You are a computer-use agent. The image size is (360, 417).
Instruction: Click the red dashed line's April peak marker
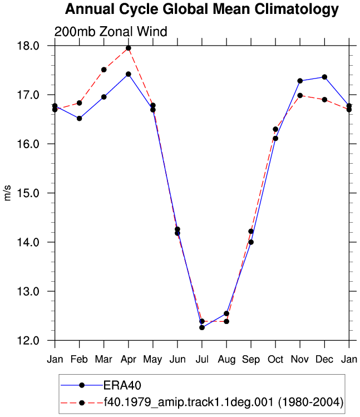[129, 48]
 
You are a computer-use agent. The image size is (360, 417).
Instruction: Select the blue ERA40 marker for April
[129, 74]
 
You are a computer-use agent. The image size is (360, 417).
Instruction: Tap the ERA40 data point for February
[79, 119]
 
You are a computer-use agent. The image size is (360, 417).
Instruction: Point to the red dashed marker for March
[104, 70]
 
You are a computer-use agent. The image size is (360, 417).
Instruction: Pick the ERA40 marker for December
[324, 77]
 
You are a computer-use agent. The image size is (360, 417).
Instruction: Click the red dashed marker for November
[300, 95]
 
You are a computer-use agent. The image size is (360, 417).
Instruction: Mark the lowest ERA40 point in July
[202, 327]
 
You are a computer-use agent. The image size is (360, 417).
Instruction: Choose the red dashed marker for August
[226, 322]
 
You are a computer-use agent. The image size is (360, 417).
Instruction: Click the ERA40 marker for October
[275, 138]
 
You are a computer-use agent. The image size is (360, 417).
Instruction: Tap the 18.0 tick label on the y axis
[28, 46]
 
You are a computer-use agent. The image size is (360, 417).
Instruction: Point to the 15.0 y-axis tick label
[28, 193]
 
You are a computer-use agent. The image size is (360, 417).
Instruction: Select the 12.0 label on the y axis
[28, 340]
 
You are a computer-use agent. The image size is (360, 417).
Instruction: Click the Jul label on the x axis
[202, 359]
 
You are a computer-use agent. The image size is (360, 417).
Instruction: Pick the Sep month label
[251, 360]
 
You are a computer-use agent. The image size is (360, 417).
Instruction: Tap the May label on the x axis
[152, 360]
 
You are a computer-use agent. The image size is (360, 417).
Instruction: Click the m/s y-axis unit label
[8, 193]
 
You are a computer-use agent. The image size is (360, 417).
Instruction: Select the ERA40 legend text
[122, 385]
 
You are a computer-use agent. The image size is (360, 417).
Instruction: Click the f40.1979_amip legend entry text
[223, 403]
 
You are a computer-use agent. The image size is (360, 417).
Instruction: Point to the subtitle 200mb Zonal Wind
[111, 31]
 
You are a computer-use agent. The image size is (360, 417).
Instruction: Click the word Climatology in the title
[297, 9]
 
